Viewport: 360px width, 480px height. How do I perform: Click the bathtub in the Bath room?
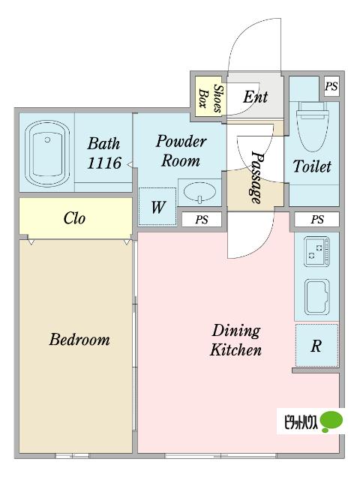(47, 153)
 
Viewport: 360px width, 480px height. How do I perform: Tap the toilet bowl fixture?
(312, 127)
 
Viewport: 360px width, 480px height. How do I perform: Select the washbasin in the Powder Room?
(200, 193)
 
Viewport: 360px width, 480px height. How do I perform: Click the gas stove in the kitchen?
(316, 251)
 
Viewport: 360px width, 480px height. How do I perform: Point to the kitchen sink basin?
(316, 297)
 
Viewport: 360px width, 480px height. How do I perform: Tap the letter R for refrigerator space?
(316, 346)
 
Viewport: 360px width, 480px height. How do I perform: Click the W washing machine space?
(158, 207)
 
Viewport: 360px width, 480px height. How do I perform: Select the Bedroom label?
(79, 340)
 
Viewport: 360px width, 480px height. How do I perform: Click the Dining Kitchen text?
(236, 340)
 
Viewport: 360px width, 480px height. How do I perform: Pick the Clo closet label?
(74, 218)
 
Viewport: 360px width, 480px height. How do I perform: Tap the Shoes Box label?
(210, 98)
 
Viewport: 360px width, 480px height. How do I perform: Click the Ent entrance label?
(255, 97)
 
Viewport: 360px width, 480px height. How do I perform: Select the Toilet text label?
(312, 166)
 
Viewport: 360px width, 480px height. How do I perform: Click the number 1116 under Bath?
(104, 163)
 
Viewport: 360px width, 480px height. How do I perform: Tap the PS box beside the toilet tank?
(331, 87)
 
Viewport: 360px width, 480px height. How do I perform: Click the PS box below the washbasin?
(202, 220)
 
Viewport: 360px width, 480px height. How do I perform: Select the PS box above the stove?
(317, 220)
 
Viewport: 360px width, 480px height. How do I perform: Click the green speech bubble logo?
(331, 421)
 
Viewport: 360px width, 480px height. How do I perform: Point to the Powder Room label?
(181, 151)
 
